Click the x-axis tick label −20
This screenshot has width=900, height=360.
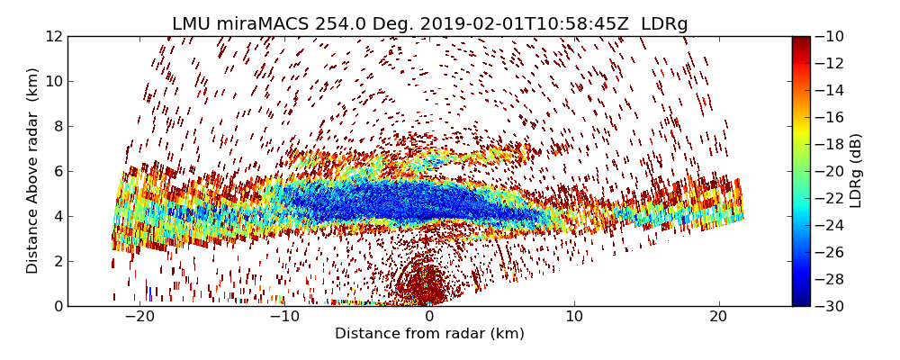(x=139, y=317)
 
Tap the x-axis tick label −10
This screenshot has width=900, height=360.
(x=284, y=317)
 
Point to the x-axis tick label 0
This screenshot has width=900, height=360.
(x=429, y=317)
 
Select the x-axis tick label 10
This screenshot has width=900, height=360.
(x=574, y=317)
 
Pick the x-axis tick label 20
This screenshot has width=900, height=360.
(x=718, y=317)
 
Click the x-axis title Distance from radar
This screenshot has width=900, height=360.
(x=429, y=334)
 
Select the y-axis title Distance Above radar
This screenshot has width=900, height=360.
(x=33, y=171)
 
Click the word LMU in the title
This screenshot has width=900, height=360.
(x=192, y=24)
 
